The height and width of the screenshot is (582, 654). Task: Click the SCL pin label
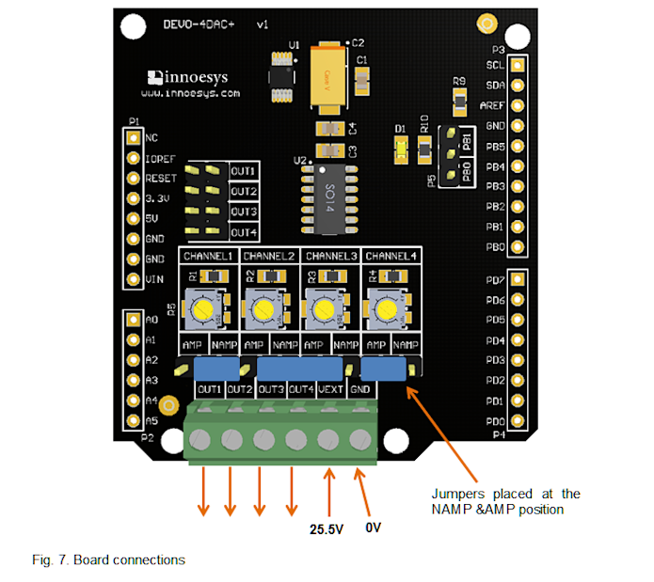[x=495, y=66]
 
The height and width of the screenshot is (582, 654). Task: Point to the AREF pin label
[x=492, y=105]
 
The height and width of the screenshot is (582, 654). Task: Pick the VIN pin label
[x=153, y=279]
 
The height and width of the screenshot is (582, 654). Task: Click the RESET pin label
[x=161, y=178]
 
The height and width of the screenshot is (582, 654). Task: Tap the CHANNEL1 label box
[x=208, y=256]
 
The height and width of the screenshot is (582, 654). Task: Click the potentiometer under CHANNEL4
[x=384, y=307]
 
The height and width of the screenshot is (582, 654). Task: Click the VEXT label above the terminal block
[x=330, y=389]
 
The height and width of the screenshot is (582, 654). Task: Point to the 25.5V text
[x=328, y=529]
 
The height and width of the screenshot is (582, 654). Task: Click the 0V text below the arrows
[x=373, y=527]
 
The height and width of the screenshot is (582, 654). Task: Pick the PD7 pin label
[x=495, y=280]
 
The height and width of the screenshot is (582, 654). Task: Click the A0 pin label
[x=152, y=320]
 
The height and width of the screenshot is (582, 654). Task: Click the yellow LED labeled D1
[x=400, y=146]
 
